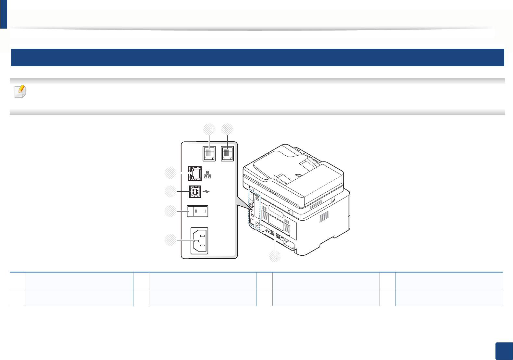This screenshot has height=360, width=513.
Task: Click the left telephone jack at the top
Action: tap(209, 153)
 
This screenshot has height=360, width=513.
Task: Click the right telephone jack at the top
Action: tap(227, 153)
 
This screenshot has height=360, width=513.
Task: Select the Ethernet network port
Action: tap(195, 174)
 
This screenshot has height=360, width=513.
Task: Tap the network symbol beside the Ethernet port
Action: tap(208, 175)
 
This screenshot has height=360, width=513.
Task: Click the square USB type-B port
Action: tap(195, 192)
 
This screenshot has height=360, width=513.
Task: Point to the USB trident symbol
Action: tap(206, 192)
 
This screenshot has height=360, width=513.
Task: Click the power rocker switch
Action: tap(198, 212)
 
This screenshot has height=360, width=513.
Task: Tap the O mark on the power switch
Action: tap(196, 212)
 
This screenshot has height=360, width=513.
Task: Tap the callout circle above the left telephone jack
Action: tap(209, 129)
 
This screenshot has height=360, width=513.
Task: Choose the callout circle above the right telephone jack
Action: tap(227, 129)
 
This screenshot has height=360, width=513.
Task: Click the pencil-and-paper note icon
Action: tap(20, 92)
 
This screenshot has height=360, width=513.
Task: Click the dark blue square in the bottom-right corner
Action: tap(504, 351)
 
